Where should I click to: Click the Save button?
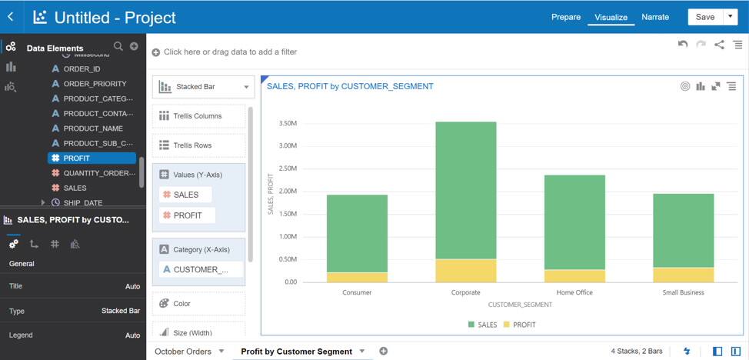coord(704,17)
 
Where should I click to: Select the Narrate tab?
coord(655,17)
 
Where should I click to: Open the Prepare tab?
coord(566,17)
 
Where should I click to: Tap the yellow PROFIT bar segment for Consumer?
coord(357,277)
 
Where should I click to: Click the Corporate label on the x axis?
coord(466,292)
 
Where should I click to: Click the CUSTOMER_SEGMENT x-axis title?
coord(520,305)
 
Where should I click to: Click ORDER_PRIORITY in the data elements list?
coord(95,84)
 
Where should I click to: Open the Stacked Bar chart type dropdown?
coord(204,87)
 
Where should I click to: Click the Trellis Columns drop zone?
coord(198,116)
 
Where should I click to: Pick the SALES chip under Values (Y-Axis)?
coord(185,195)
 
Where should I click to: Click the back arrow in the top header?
coord(11,17)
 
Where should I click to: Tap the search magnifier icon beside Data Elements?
coord(118,47)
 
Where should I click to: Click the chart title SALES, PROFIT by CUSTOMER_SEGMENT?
coord(350,86)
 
